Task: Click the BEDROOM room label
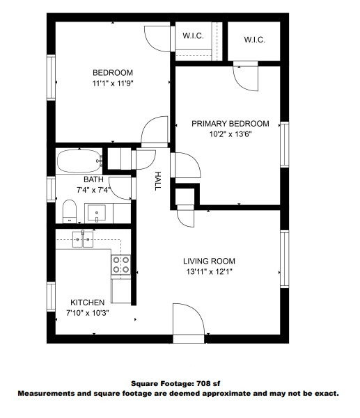(x=112, y=73)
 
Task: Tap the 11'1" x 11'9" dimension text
(x=112, y=83)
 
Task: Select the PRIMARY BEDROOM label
(x=230, y=124)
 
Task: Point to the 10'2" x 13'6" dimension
(x=230, y=134)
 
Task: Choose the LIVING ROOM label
(x=207, y=260)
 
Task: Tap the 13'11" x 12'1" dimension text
(x=207, y=271)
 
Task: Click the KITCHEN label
(x=87, y=303)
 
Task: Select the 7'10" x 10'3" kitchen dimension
(x=87, y=312)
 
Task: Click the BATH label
(x=93, y=179)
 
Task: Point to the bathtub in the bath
(x=79, y=162)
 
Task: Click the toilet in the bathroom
(x=69, y=210)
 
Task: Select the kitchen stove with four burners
(x=121, y=264)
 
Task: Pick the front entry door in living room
(x=189, y=321)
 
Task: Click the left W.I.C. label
(x=193, y=36)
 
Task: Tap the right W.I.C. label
(x=254, y=40)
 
